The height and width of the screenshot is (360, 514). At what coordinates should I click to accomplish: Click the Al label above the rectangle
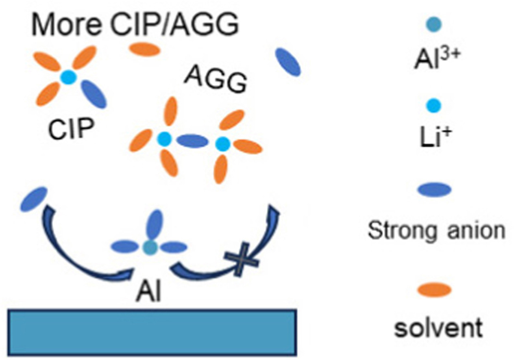pos(149,292)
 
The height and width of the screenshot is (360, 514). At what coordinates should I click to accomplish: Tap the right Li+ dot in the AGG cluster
pos(222,143)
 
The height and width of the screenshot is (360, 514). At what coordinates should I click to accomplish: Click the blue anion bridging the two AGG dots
pos(193,141)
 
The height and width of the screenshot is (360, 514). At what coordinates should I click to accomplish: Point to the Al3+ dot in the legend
pos(435,25)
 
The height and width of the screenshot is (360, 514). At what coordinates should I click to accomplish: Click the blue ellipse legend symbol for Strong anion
pos(435,189)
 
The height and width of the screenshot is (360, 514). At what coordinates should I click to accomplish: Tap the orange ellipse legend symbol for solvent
pos(435,290)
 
